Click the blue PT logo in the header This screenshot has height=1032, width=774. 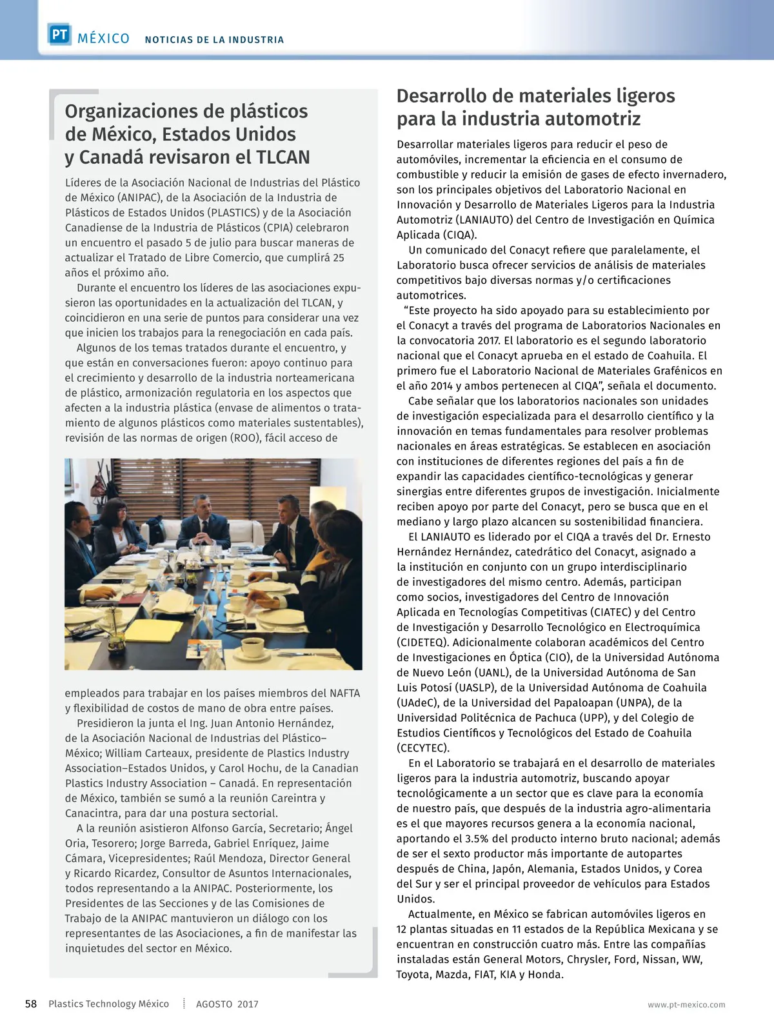[x=59, y=35]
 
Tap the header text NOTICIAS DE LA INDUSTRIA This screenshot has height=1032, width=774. [x=214, y=40]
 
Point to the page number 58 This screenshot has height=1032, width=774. [x=31, y=1004]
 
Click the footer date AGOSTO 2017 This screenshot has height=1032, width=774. [x=227, y=1004]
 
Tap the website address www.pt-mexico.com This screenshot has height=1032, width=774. [x=686, y=1005]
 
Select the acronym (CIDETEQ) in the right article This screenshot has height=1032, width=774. [x=423, y=642]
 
